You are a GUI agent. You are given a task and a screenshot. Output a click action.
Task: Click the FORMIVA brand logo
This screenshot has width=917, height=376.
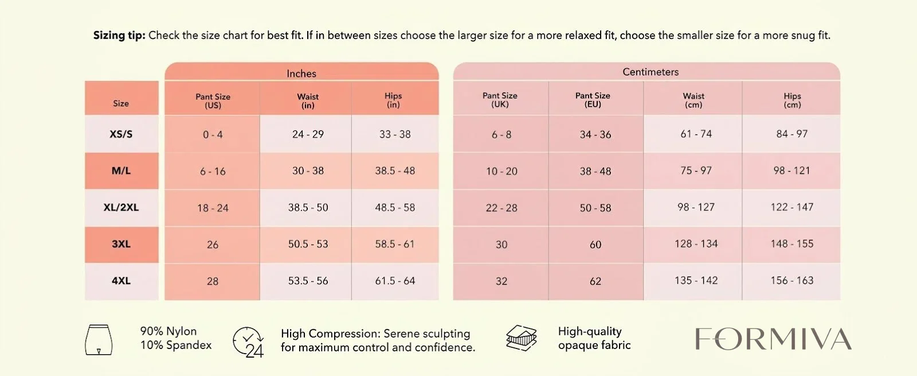[x=773, y=339]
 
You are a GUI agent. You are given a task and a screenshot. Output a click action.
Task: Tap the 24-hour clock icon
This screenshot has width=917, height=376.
[x=248, y=342]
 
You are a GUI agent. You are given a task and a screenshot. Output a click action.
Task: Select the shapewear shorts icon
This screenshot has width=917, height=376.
[x=98, y=339]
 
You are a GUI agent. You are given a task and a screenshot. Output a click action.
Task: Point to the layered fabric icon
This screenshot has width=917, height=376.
[x=521, y=338]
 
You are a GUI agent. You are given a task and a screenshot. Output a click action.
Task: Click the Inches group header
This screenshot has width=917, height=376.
[x=301, y=73]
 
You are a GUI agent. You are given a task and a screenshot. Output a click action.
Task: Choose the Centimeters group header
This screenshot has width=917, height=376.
[x=650, y=72]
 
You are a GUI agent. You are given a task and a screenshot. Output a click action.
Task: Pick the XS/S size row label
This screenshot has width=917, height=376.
[x=121, y=134]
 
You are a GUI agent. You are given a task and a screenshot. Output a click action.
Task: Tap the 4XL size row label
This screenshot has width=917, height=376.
[x=121, y=281]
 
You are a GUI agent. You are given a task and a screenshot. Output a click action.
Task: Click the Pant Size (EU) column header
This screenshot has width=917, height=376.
[x=593, y=100]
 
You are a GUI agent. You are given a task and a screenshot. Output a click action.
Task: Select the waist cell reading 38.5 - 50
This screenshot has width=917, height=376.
[x=308, y=207]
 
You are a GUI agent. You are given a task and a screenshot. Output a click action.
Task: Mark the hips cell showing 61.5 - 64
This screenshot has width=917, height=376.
[x=395, y=281]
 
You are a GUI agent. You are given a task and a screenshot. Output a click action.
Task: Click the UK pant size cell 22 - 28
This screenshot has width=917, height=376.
[x=501, y=208]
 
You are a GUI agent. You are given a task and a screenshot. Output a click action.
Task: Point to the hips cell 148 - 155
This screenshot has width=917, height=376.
[x=791, y=244]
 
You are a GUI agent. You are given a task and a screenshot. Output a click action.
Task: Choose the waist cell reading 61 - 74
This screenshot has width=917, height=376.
[x=696, y=134]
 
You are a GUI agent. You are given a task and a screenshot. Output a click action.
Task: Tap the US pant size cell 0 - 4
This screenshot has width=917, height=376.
[x=213, y=134]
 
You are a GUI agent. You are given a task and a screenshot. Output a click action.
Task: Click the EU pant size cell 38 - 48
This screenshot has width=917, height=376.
[x=595, y=171]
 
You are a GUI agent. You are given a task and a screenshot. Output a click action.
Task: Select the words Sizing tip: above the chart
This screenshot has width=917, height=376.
[x=119, y=36]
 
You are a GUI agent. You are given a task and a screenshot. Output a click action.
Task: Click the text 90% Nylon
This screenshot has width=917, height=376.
[x=168, y=331]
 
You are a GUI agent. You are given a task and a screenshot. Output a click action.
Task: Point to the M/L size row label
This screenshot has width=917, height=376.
[x=121, y=170]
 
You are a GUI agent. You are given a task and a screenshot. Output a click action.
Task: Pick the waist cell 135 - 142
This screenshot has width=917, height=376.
[x=696, y=281]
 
